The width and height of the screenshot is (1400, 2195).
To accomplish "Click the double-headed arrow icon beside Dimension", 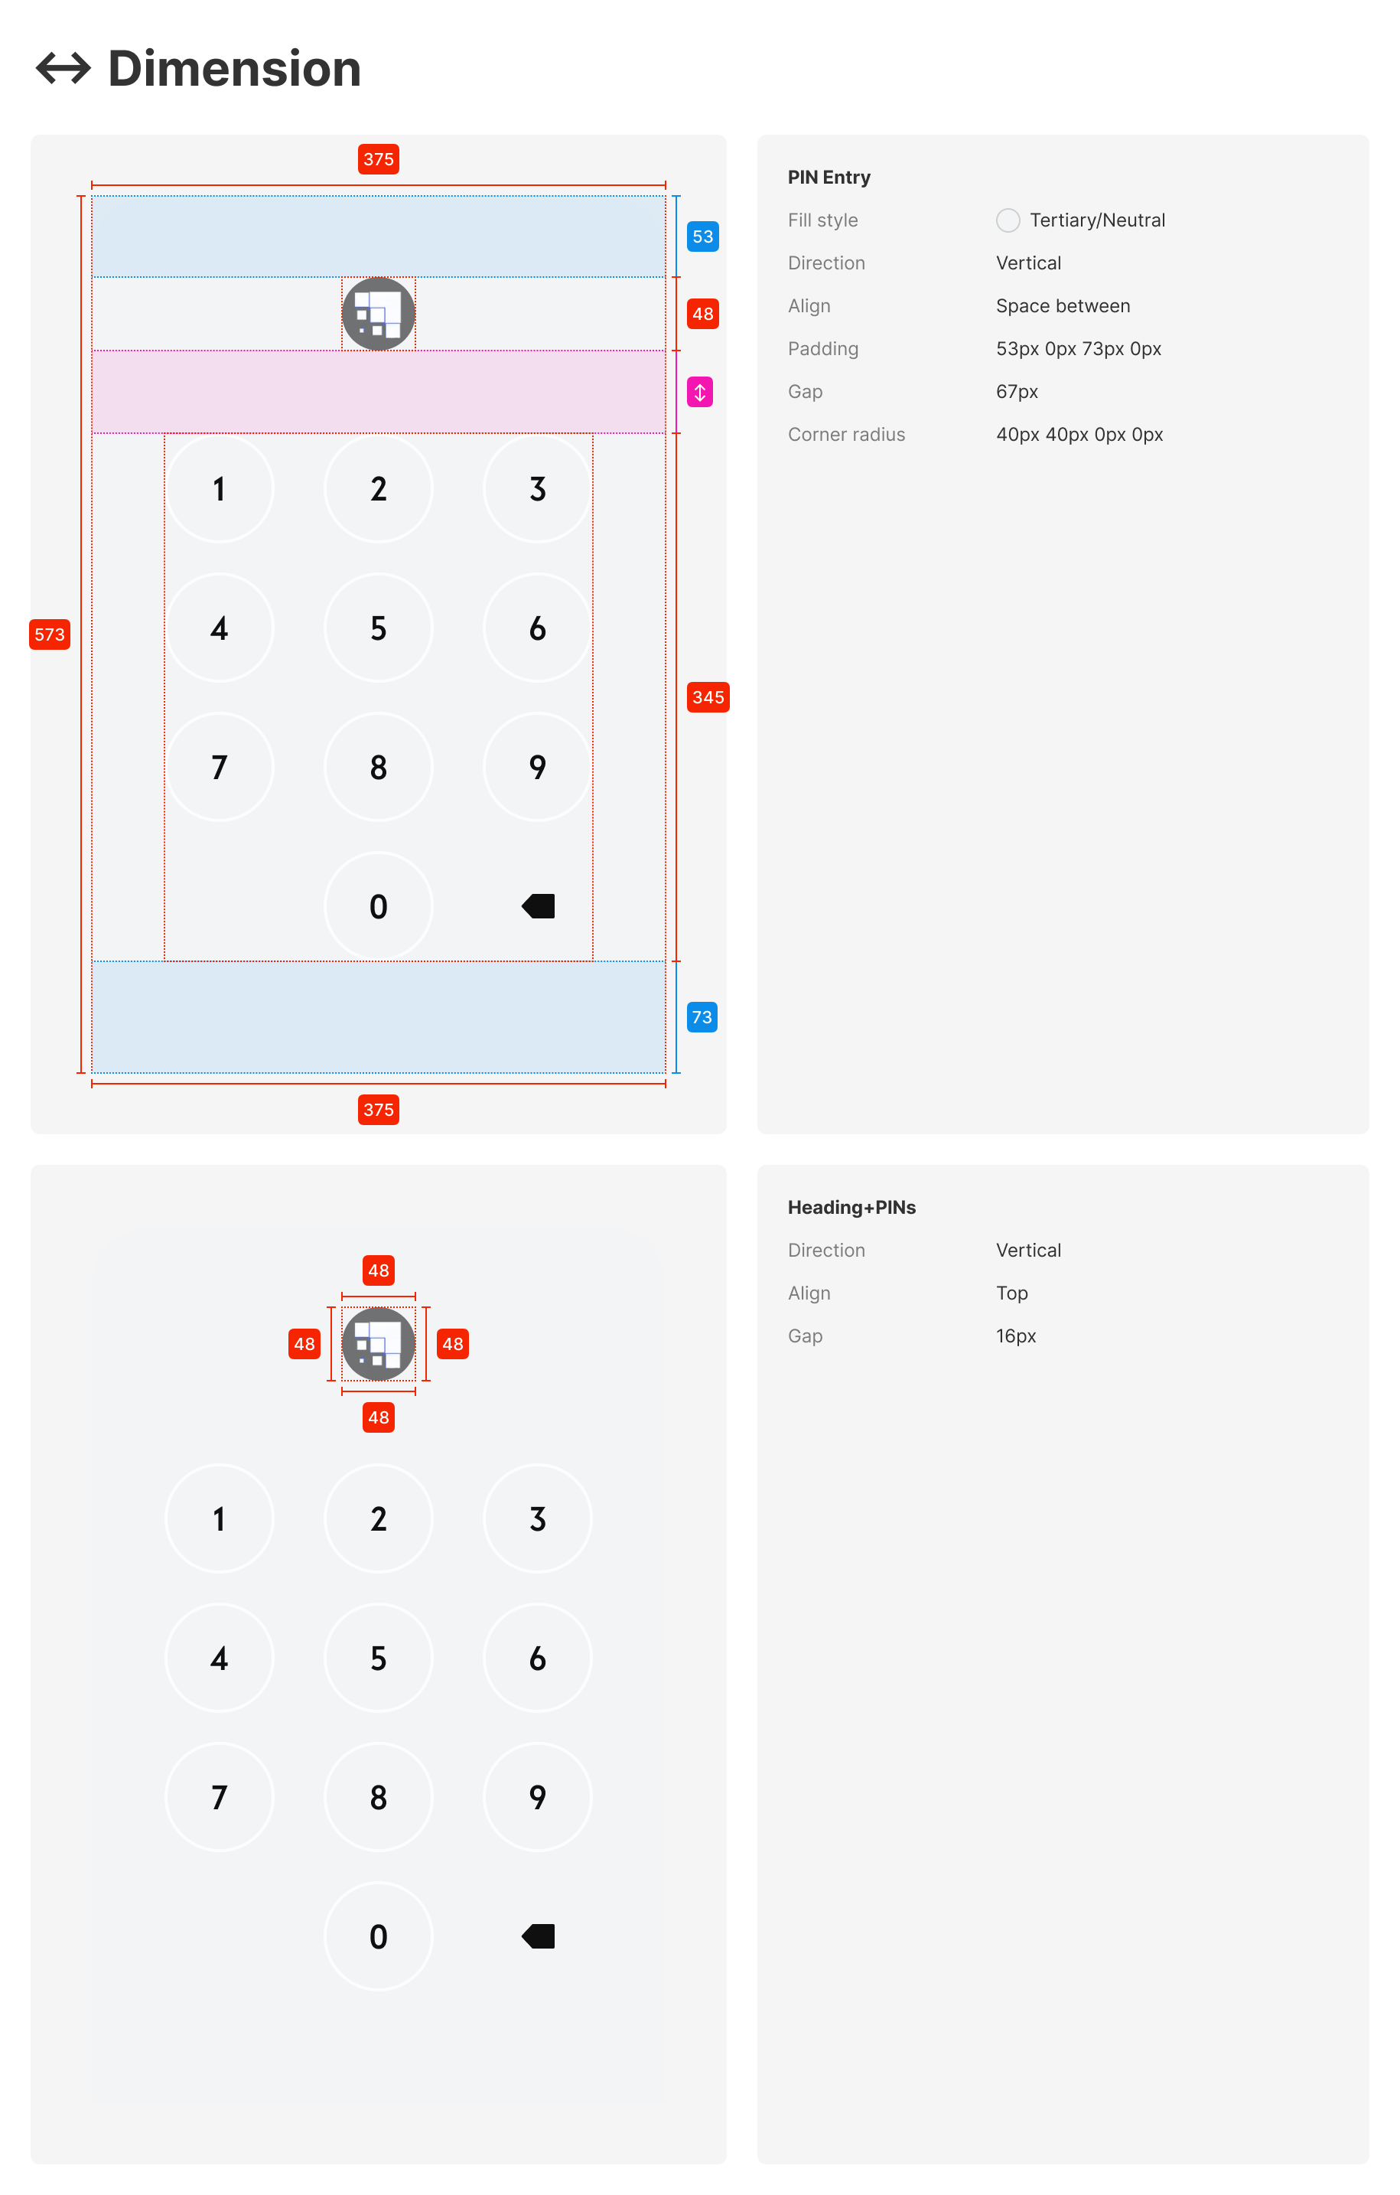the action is pos(63,68).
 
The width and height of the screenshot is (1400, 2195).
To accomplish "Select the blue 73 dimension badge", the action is pos(701,1017).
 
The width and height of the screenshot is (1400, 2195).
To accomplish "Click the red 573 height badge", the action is pos(49,634).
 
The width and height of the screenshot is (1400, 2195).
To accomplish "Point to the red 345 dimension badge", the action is pos(708,697).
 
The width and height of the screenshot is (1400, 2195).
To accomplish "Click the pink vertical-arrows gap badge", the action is pos(699,392).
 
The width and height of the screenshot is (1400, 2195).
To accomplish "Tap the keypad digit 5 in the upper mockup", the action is pos(378,628).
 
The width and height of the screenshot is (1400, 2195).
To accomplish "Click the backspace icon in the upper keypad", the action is pos(538,906).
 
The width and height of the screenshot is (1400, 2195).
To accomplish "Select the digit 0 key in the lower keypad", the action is pos(378,1936).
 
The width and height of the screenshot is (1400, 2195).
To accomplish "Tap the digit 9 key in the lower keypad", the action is pos(538,1797).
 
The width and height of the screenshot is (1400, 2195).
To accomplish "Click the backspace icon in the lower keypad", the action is pos(538,1936).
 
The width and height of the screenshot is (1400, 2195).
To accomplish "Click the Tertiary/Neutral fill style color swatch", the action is pos(1008,220).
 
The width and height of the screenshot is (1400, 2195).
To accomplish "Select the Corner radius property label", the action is pos(846,435).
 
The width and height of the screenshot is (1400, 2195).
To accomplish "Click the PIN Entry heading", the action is pos(829,178).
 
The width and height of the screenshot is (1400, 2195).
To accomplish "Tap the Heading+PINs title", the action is pos(851,1208).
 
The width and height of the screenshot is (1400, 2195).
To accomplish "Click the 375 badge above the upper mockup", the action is pos(378,159).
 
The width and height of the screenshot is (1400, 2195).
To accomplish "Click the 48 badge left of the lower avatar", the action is pos(304,1344).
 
